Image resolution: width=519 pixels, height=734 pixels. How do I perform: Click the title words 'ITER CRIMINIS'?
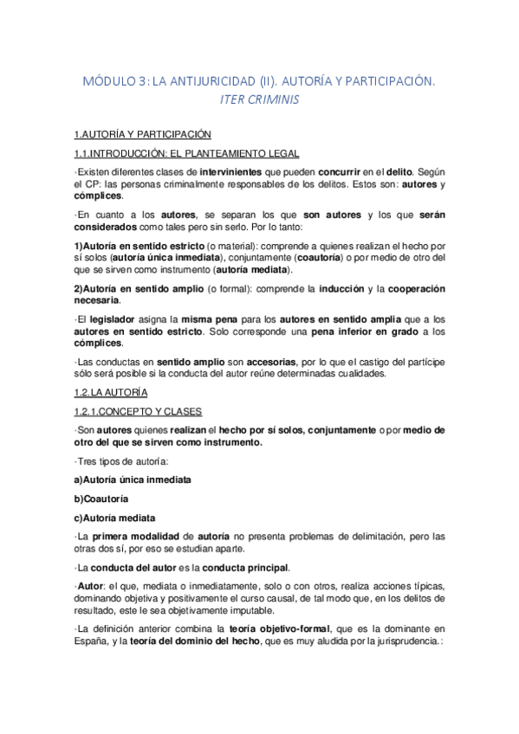click(x=259, y=100)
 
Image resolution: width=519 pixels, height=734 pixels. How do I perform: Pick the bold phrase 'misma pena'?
click(x=208, y=319)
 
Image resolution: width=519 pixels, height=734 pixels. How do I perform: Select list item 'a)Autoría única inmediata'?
click(x=132, y=480)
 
